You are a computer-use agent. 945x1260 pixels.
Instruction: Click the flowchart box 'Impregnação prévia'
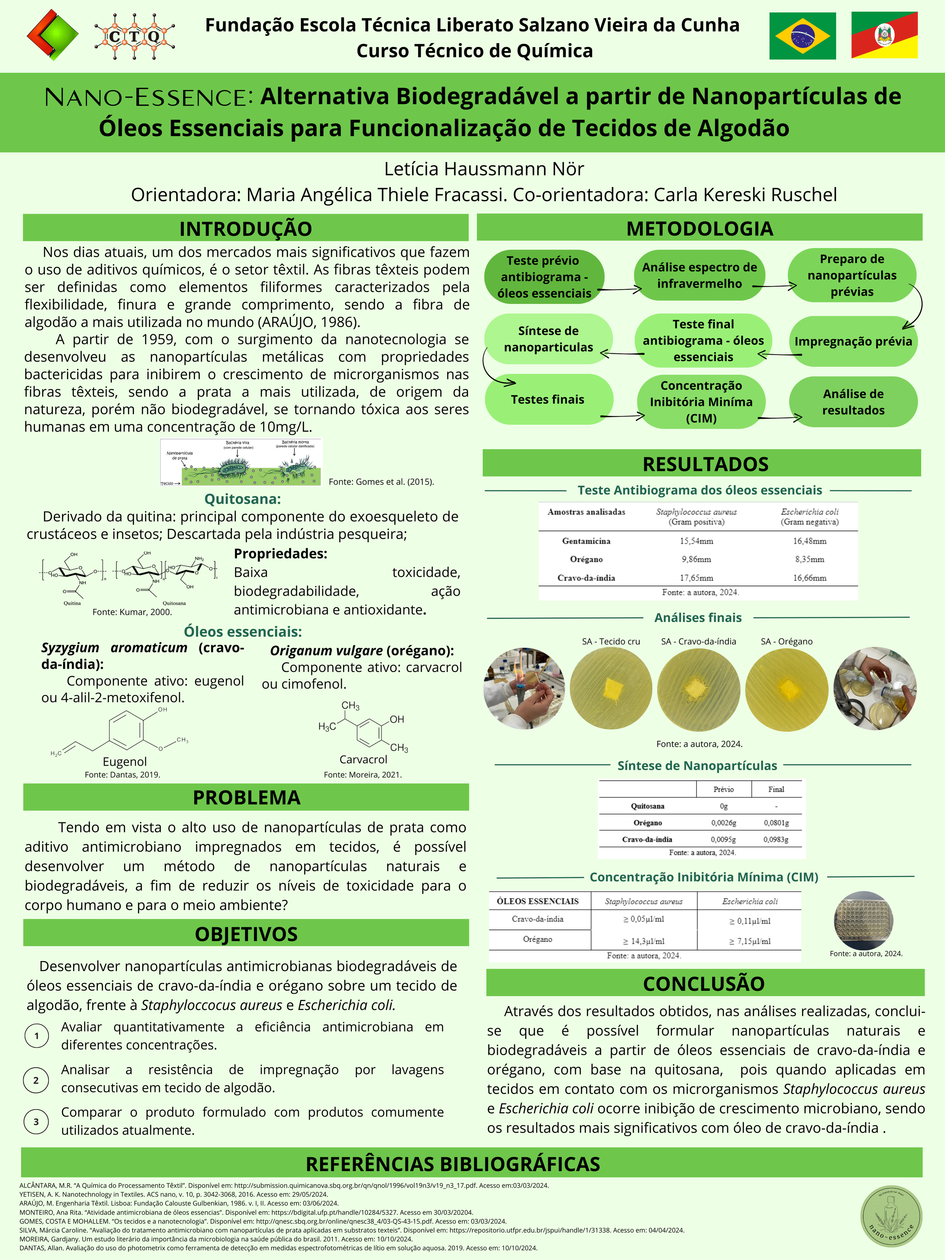[x=853, y=341]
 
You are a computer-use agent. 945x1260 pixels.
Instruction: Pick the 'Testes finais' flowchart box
[x=548, y=399]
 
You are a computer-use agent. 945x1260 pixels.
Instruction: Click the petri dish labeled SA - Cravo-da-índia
[x=698, y=689]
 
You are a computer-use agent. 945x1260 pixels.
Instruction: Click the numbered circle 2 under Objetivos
[x=36, y=1080]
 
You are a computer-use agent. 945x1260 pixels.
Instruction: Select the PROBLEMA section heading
[x=246, y=797]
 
